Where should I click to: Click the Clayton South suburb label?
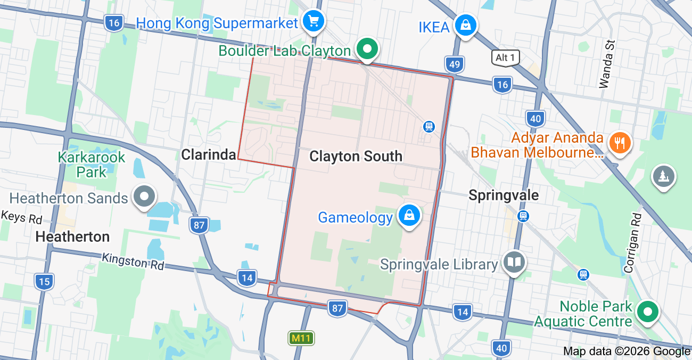click(x=356, y=156)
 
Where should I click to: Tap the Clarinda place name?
click(x=209, y=154)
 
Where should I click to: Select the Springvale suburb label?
click(x=503, y=195)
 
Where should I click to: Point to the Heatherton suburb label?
click(x=72, y=236)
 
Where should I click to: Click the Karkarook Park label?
click(x=91, y=165)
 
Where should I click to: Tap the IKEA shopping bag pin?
click(x=465, y=25)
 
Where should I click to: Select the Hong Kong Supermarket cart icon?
click(x=313, y=22)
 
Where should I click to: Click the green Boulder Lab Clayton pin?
click(x=367, y=49)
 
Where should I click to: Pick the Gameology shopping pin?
click(x=409, y=216)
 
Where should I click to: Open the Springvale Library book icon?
click(x=514, y=262)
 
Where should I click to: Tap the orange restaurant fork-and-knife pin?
click(x=619, y=143)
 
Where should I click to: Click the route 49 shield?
click(x=454, y=64)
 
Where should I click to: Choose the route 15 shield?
click(x=44, y=281)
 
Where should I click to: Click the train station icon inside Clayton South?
click(x=429, y=127)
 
